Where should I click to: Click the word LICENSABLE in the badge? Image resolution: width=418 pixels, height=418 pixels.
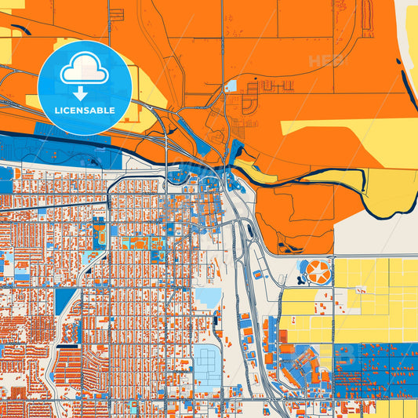point(84,111)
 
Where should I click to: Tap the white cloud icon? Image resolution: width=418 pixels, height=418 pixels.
point(84,71)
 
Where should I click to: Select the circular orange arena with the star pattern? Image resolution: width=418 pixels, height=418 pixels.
point(318,273)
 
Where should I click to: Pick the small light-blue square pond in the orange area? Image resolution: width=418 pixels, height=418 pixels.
point(231,86)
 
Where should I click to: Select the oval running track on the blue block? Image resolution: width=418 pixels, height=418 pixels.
point(100,232)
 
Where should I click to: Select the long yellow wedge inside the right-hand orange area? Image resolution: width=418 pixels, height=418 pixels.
point(345,125)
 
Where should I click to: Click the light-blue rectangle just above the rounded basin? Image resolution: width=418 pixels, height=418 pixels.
point(208,297)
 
